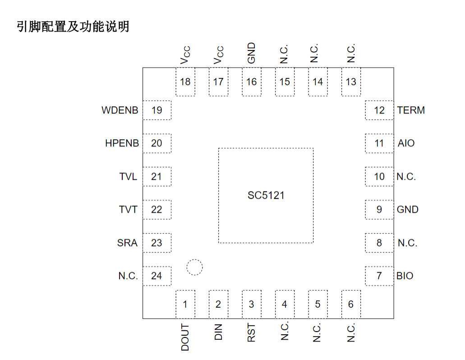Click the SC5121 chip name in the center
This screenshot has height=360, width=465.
click(x=266, y=196)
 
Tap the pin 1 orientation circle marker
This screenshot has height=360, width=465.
click(x=194, y=267)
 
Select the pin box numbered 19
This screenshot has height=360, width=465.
click(x=157, y=110)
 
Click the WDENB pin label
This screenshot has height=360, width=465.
click(x=120, y=110)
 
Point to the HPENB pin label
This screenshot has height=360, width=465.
click(x=122, y=143)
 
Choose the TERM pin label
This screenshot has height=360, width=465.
click(x=411, y=110)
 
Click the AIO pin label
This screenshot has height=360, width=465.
click(x=406, y=143)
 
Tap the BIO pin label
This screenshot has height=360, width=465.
click(x=405, y=276)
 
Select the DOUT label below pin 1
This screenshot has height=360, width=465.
click(x=185, y=337)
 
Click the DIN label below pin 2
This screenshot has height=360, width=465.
click(x=218, y=333)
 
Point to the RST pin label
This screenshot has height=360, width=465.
click(x=252, y=333)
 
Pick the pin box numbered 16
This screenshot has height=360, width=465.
click(x=251, y=82)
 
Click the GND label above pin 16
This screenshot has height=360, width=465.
click(x=252, y=53)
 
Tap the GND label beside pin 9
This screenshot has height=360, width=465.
click(x=407, y=210)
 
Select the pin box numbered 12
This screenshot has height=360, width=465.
click(x=379, y=110)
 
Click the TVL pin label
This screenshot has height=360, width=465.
click(x=128, y=177)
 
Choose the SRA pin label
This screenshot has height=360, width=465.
click(x=127, y=243)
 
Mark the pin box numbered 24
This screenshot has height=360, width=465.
click(x=157, y=276)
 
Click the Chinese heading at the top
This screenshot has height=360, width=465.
click(x=73, y=27)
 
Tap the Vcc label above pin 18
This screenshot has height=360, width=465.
click(x=185, y=55)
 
